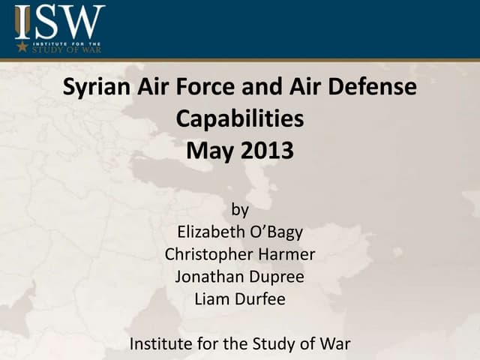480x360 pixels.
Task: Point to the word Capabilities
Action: click(x=240, y=119)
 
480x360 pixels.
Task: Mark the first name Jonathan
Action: click(x=208, y=276)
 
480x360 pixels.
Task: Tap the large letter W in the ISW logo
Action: click(x=82, y=22)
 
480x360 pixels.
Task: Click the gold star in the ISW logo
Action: click(x=22, y=47)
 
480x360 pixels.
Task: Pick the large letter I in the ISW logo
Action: click(x=22, y=22)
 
